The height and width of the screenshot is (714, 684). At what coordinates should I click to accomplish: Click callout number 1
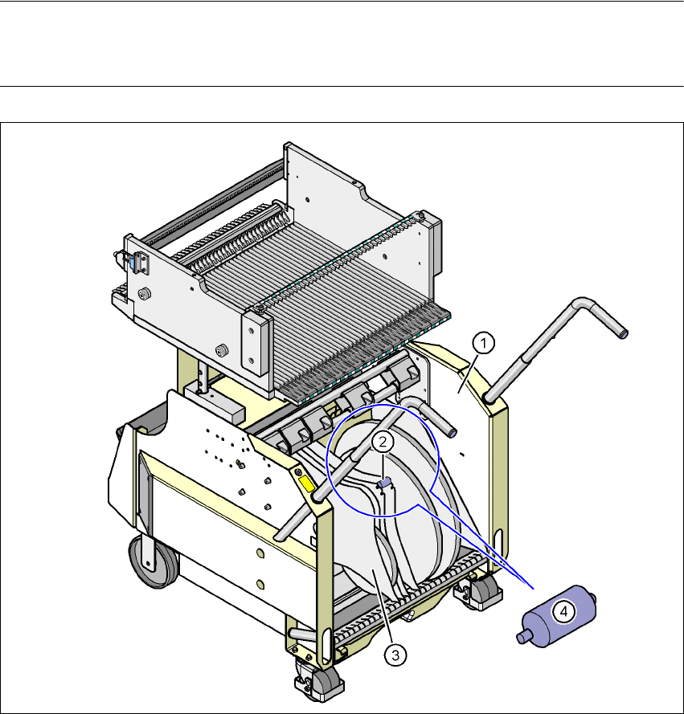pyautogui.click(x=484, y=343)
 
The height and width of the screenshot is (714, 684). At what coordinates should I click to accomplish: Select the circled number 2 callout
pyautogui.click(x=383, y=441)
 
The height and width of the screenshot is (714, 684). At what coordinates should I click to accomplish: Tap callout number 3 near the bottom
pyautogui.click(x=395, y=655)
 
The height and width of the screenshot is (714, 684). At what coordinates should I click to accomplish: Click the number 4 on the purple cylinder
pyautogui.click(x=563, y=611)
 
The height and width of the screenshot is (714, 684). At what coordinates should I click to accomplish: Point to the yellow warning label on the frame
pyautogui.click(x=306, y=483)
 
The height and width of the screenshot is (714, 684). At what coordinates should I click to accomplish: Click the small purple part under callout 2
pyautogui.click(x=385, y=483)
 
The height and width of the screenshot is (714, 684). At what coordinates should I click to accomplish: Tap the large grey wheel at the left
pyautogui.click(x=153, y=561)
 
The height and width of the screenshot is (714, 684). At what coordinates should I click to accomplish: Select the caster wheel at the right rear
pyautogui.click(x=479, y=591)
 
